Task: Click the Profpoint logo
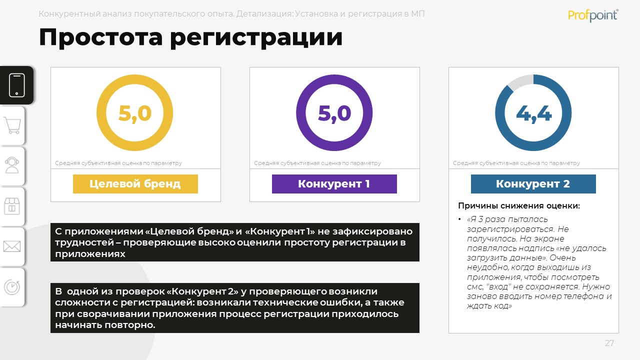point(593,15)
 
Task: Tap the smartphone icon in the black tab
point(17,85)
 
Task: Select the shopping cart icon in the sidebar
point(12,125)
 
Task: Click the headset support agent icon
point(12,165)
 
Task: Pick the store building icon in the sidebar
point(12,206)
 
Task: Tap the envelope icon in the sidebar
point(12,246)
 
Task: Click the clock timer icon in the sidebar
point(12,287)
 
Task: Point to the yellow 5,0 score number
point(134,113)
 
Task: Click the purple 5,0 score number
point(334,113)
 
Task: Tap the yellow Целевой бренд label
point(135,183)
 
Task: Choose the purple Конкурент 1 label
point(334,183)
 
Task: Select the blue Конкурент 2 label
point(533,183)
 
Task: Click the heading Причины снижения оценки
point(519,205)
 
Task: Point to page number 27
point(609,343)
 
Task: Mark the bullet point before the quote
point(459,219)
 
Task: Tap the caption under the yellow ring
point(118,163)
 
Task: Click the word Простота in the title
point(101,37)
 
